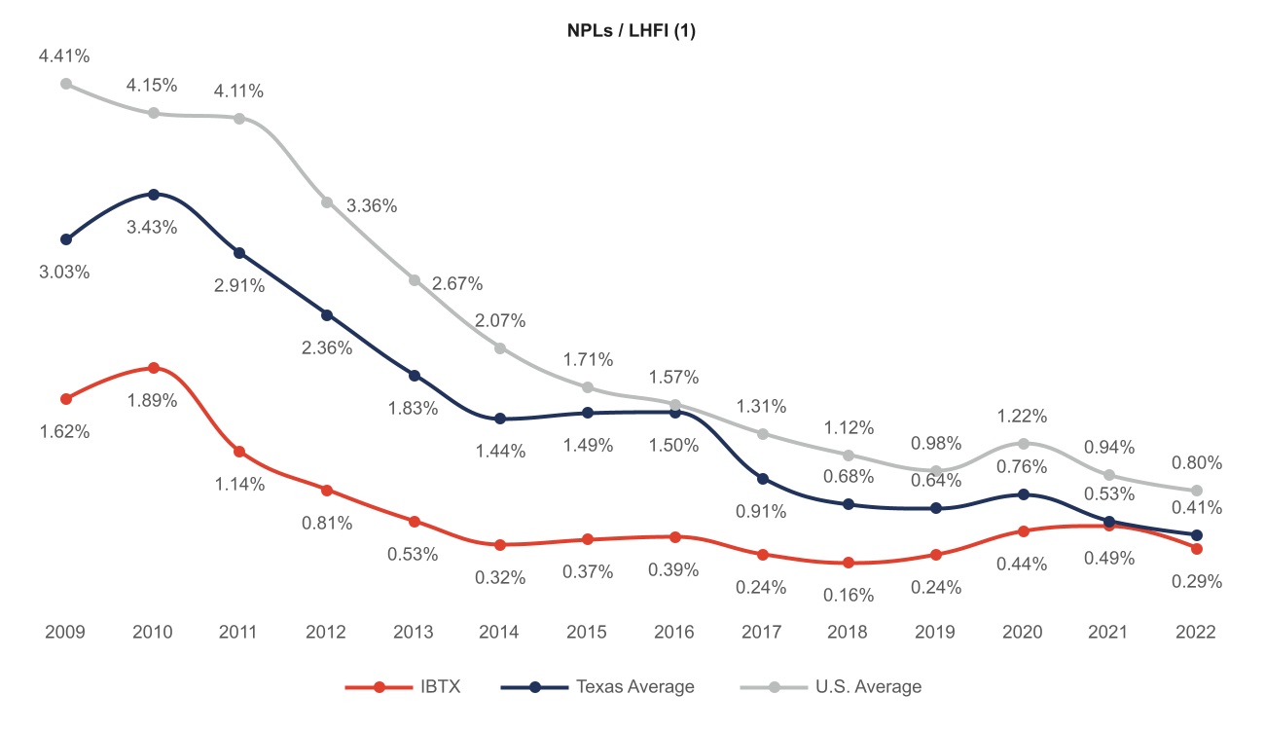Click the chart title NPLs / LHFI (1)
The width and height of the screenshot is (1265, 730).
[632, 31]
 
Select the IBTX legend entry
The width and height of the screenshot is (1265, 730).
[403, 687]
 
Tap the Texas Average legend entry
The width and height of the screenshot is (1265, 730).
[597, 687]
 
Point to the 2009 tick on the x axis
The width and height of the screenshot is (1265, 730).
[65, 632]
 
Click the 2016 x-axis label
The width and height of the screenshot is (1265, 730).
[673, 632]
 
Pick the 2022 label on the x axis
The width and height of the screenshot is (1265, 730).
[1196, 632]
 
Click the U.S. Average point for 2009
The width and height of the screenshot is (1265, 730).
[66, 84]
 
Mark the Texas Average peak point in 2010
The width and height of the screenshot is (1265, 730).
[154, 195]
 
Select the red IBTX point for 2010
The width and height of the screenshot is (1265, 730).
[154, 368]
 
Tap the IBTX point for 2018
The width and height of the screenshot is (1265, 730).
[849, 563]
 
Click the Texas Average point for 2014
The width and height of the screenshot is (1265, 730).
[500, 419]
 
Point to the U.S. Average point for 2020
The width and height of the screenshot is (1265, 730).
[1023, 444]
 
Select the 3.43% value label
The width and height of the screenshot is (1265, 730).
[153, 228]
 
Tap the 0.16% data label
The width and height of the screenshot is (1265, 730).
[849, 596]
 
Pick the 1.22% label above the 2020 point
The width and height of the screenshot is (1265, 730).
[1022, 417]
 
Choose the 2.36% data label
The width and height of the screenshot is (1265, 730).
[327, 347]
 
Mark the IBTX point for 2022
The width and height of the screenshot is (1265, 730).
[1197, 549]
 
